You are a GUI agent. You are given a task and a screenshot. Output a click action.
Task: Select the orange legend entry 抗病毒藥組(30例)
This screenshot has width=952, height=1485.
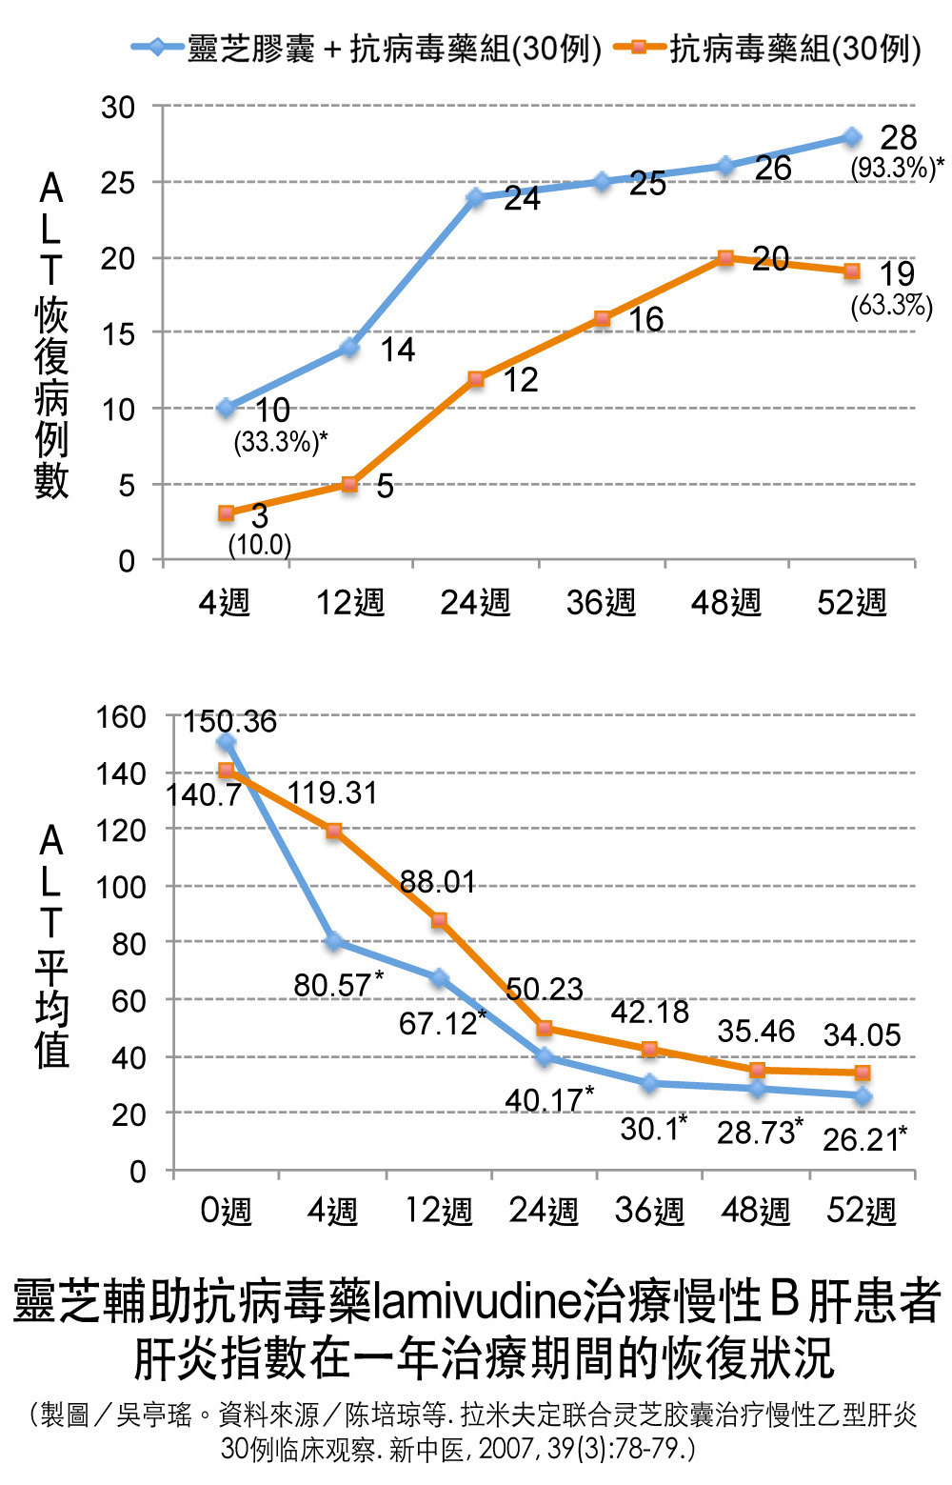[x=767, y=48]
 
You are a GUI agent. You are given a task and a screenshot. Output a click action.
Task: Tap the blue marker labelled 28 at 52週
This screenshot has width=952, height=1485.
[x=851, y=137]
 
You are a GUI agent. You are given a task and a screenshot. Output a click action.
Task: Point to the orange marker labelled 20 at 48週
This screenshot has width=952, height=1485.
[x=725, y=257]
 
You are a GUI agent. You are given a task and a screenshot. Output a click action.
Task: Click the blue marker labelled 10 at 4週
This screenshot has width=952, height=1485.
[x=226, y=409]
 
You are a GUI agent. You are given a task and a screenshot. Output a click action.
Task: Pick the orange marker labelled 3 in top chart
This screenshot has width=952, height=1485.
[x=226, y=512]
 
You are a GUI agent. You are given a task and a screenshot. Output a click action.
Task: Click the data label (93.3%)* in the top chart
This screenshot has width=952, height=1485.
[x=896, y=169]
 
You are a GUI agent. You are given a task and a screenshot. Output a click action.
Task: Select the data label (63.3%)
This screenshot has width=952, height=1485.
[x=891, y=305]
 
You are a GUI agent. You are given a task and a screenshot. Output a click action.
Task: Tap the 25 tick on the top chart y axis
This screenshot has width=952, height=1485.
[x=118, y=182]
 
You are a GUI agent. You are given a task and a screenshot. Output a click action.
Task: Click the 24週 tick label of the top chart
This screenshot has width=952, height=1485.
[x=475, y=602]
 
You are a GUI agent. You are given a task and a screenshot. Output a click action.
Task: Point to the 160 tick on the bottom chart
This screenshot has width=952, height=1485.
[x=121, y=716]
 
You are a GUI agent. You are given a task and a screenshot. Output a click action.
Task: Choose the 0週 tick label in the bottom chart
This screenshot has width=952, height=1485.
[x=226, y=1211]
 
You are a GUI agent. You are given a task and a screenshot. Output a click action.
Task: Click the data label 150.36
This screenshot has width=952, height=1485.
[x=229, y=721]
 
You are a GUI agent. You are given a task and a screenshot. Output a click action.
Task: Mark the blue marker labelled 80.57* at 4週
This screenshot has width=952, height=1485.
[x=333, y=941]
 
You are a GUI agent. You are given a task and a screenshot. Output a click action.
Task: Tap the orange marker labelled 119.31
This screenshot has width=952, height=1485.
[x=333, y=831]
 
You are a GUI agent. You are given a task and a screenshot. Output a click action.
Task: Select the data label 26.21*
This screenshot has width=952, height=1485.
[x=863, y=1137]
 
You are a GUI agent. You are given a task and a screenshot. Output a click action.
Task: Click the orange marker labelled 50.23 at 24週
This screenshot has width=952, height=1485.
[x=545, y=1028]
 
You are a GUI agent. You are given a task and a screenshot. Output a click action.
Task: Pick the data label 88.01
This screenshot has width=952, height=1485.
[x=437, y=881]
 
